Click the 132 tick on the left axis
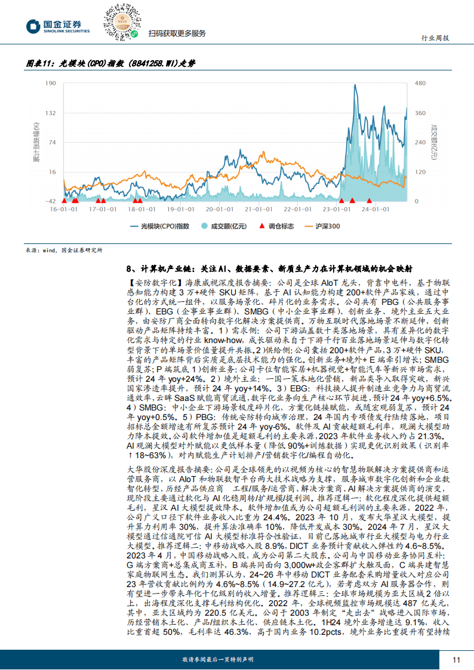tap(52, 112)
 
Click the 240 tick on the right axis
tap(420, 142)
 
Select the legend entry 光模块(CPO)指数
tap(161, 226)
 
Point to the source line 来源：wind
tap(64, 251)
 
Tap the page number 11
tap(457, 660)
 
